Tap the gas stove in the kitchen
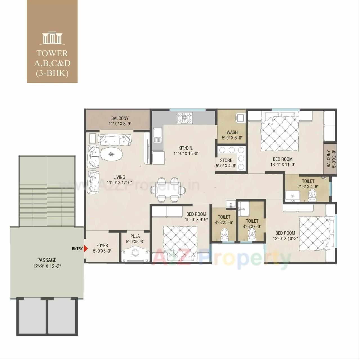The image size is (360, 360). (184, 118)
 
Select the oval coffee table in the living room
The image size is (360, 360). (111, 154)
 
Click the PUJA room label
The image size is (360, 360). (135, 236)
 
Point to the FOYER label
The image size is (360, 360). (102, 246)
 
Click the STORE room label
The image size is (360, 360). (226, 161)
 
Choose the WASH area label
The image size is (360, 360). (232, 132)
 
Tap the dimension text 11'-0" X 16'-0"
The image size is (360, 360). (186, 154)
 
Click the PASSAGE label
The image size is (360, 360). (47, 260)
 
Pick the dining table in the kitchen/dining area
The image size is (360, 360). (168, 190)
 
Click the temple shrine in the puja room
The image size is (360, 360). (135, 254)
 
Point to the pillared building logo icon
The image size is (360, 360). (52, 39)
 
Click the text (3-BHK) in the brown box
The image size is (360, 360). (52, 73)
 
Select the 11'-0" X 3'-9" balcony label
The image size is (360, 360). (120, 123)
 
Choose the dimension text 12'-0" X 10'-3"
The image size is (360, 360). (285, 239)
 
